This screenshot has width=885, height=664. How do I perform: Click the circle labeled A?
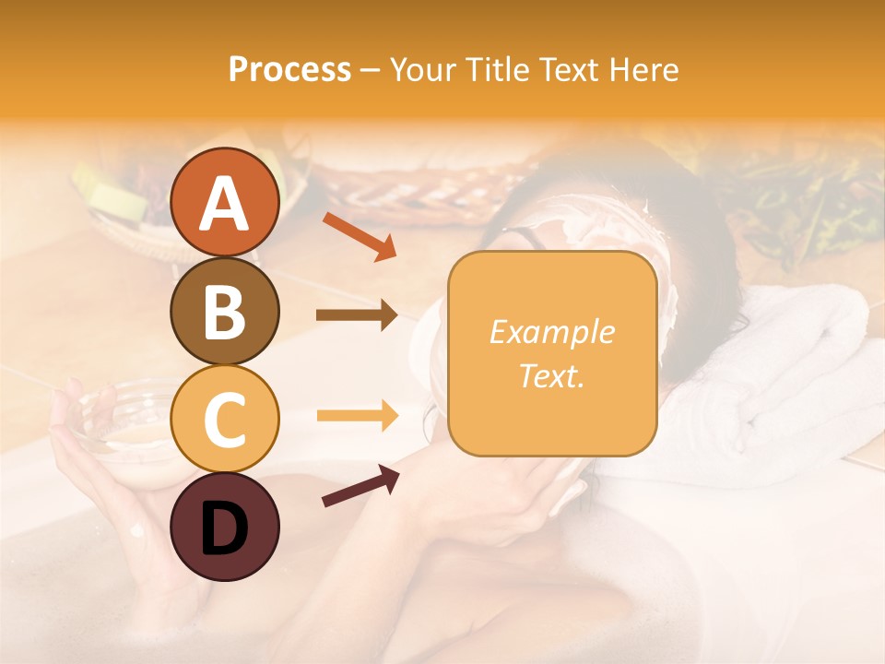tap(224, 203)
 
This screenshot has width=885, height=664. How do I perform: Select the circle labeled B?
tap(224, 311)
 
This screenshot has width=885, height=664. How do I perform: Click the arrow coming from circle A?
tap(360, 236)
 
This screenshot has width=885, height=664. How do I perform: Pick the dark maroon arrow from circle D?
tap(360, 486)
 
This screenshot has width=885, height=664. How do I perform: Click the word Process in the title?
tap(289, 69)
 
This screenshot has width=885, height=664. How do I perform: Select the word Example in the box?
tap(552, 332)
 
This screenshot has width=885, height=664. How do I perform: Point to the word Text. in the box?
tap(552, 375)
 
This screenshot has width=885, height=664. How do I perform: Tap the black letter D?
tap(224, 528)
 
